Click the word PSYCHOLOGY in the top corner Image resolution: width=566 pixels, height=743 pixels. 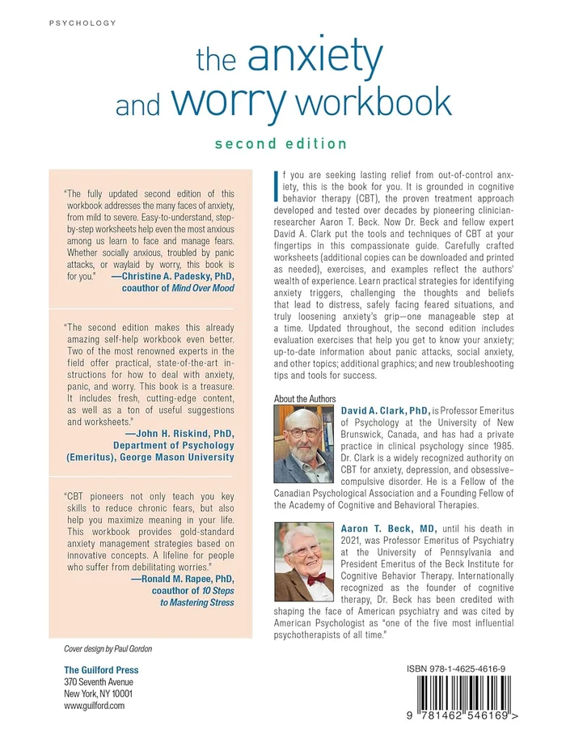tap(82, 23)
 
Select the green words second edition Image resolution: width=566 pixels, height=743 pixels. tap(281, 144)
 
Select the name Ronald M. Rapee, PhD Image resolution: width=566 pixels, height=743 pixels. tap(176, 580)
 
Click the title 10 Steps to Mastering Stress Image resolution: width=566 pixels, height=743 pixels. tap(191, 598)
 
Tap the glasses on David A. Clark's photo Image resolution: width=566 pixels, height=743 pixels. tap(302, 433)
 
